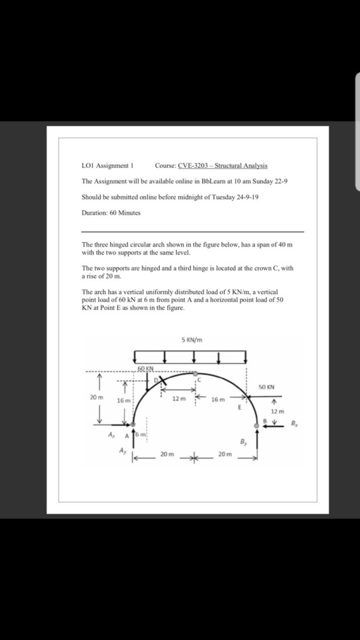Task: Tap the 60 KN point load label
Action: [147, 368]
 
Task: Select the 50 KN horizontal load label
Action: [265, 385]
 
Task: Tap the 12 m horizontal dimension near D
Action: [177, 399]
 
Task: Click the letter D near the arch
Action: [158, 379]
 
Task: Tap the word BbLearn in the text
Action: [213, 181]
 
